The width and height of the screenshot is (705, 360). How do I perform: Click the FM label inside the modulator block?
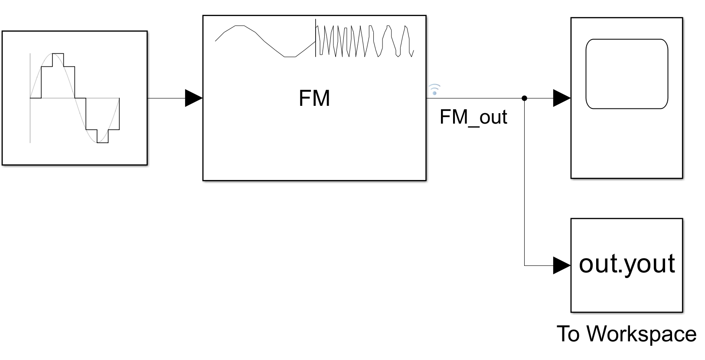314,98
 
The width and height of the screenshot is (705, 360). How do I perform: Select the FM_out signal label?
473,117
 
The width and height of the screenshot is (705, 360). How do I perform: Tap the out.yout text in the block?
627,263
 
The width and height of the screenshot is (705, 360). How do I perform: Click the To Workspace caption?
626,334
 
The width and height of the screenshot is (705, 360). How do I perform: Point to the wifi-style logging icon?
434,89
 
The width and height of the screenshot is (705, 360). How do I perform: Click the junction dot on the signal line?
524,98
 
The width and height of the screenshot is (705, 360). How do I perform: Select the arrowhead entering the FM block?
193,98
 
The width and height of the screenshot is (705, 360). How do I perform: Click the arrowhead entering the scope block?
562,98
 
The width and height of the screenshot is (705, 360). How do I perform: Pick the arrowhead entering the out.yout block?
562,265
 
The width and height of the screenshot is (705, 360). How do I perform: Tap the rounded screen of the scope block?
627,74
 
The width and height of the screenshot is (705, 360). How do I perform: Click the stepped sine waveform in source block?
75,98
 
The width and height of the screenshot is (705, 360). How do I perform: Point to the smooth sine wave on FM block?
264,41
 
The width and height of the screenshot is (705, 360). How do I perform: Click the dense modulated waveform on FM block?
364,41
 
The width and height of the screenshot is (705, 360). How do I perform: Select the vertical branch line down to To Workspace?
524,182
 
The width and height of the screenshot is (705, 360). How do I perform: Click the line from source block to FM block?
167,98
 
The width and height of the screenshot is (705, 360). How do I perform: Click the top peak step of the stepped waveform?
58,54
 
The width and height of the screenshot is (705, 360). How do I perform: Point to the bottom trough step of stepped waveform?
102,142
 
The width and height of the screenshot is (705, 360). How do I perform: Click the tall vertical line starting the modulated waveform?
316,38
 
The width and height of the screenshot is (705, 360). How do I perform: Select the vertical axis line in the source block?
30,78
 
